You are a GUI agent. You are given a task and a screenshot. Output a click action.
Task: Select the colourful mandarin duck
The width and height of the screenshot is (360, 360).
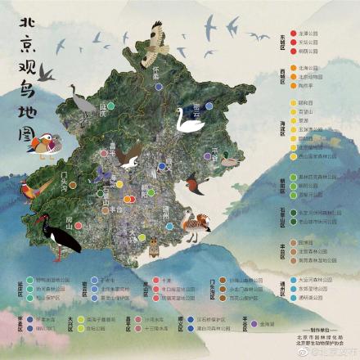[42, 145]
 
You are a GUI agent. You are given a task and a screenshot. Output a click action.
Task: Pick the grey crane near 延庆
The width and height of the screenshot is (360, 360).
[81, 101]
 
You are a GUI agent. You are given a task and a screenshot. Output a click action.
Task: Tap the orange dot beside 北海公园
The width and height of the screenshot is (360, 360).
[292, 68]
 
